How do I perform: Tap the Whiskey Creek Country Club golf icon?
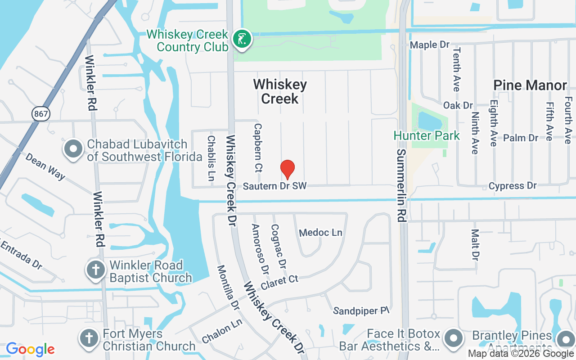pos(242,39)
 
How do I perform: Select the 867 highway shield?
pos(41,114)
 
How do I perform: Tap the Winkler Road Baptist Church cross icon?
pos(95,270)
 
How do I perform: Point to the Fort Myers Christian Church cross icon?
pos(89,338)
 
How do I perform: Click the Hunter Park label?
pos(427,135)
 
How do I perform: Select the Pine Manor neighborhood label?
pos(530,85)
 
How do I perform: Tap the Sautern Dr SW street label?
pos(274,186)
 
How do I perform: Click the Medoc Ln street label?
pos(320,233)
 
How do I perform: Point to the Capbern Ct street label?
pos(258,148)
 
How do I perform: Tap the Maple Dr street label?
pos(430,45)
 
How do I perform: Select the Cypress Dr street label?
pos(513,185)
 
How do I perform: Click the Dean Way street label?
pos(45,166)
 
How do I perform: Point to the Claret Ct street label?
pos(279,283)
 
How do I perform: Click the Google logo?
pos(30,349)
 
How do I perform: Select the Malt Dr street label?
pos(475,244)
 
